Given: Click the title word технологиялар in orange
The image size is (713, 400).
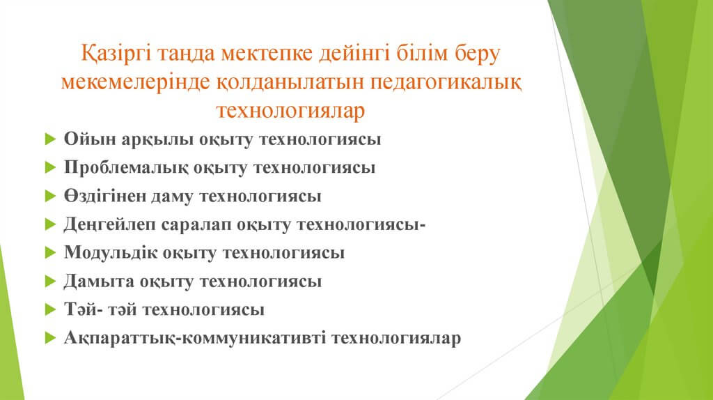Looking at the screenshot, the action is [x=290, y=111].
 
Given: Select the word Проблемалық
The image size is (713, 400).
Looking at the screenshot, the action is [x=126, y=168].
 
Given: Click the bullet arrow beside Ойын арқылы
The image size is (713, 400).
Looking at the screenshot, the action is [x=50, y=139].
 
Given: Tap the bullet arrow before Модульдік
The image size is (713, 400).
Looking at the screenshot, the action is [x=50, y=252].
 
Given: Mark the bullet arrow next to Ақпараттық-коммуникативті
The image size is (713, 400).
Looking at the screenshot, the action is [x=50, y=338].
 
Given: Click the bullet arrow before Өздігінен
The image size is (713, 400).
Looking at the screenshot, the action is [x=50, y=196].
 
